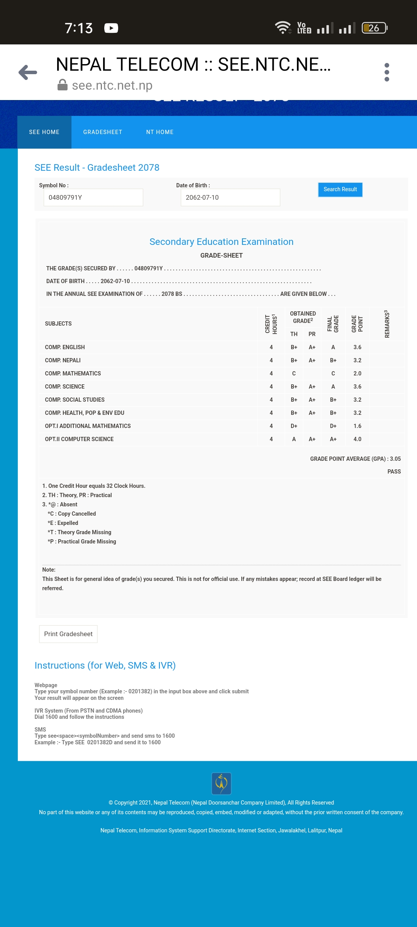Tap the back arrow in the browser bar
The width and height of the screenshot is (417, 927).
pyautogui.click(x=28, y=72)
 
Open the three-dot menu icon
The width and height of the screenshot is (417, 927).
pyautogui.click(x=386, y=72)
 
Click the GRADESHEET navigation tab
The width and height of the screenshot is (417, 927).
pyautogui.click(x=103, y=132)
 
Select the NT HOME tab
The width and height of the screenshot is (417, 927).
pyautogui.click(x=160, y=132)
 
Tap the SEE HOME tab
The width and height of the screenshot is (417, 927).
pyautogui.click(x=44, y=132)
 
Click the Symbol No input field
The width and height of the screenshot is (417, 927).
pyautogui.click(x=93, y=197)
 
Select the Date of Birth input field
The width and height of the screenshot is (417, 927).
pyautogui.click(x=230, y=197)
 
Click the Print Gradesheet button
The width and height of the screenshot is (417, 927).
pyautogui.click(x=68, y=634)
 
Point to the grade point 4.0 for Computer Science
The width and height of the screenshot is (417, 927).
pyautogui.click(x=358, y=439)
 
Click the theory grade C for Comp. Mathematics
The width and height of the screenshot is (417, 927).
pyautogui.click(x=294, y=374)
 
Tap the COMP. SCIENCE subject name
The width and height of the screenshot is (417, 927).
pyautogui.click(x=65, y=387)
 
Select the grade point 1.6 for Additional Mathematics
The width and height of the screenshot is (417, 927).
pyautogui.click(x=358, y=426)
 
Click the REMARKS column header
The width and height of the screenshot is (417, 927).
pyautogui.click(x=386, y=324)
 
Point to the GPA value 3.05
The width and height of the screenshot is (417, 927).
pyautogui.click(x=395, y=459)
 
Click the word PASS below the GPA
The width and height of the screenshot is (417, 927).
pyautogui.click(x=394, y=472)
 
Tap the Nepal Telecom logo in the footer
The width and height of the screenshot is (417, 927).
pyautogui.click(x=221, y=783)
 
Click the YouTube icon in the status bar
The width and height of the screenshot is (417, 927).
pyautogui.click(x=111, y=28)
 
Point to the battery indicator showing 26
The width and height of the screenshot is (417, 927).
pyautogui.click(x=374, y=28)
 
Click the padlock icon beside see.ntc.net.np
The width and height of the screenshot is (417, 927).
pyautogui.click(x=63, y=85)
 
